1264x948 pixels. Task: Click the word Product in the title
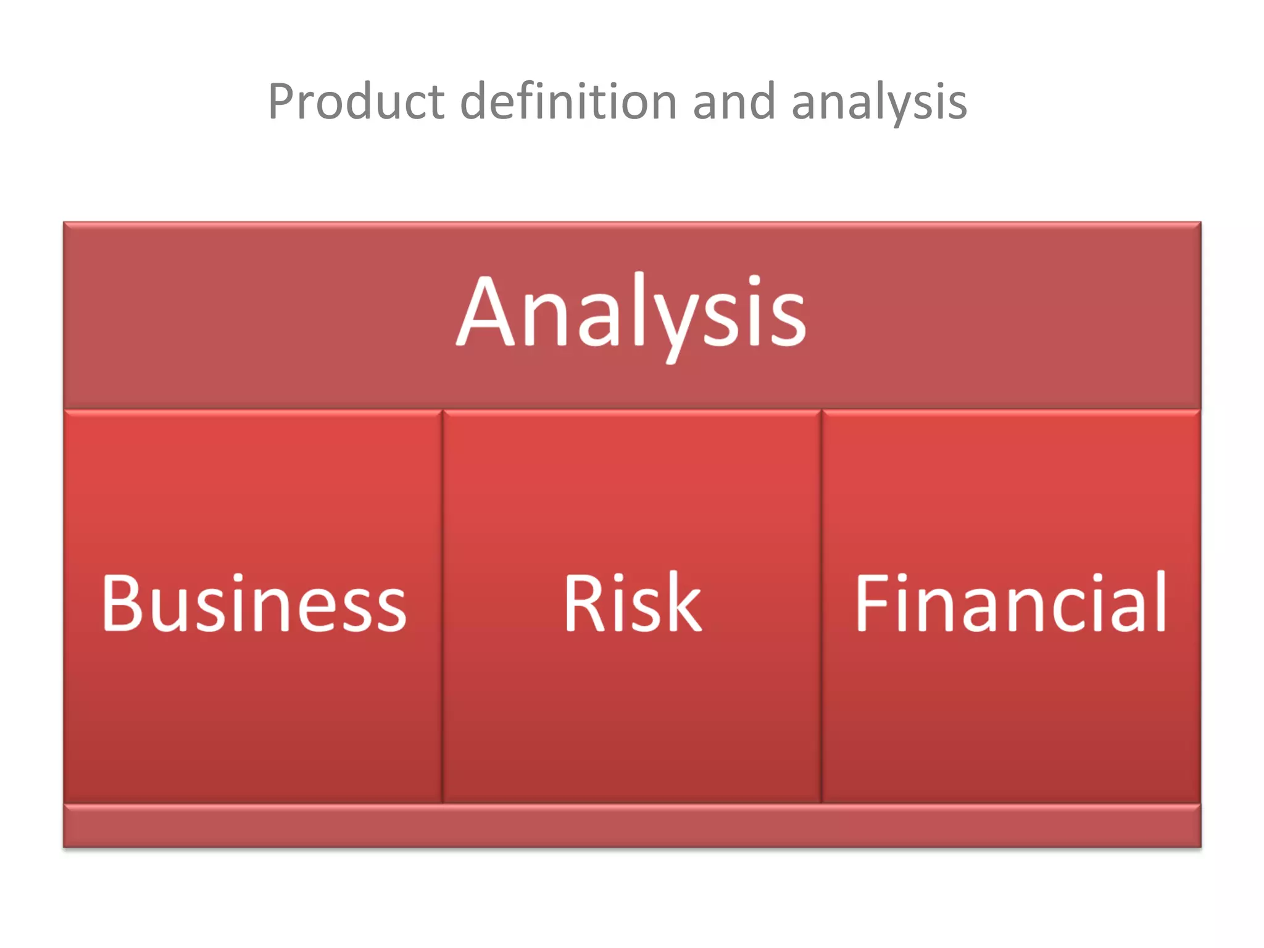click(x=356, y=102)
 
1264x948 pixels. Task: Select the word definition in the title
click(x=569, y=102)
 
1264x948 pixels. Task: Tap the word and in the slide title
click(x=734, y=102)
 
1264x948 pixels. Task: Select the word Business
click(x=254, y=603)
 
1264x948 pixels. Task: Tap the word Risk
click(x=632, y=603)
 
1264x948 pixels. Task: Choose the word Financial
click(x=1010, y=603)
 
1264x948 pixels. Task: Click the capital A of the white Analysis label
click(x=486, y=312)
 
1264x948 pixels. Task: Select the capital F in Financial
click(x=872, y=603)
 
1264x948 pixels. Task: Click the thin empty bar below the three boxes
click(x=632, y=826)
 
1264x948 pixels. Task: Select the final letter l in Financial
click(x=1160, y=602)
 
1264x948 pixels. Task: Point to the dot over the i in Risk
click(x=620, y=578)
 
